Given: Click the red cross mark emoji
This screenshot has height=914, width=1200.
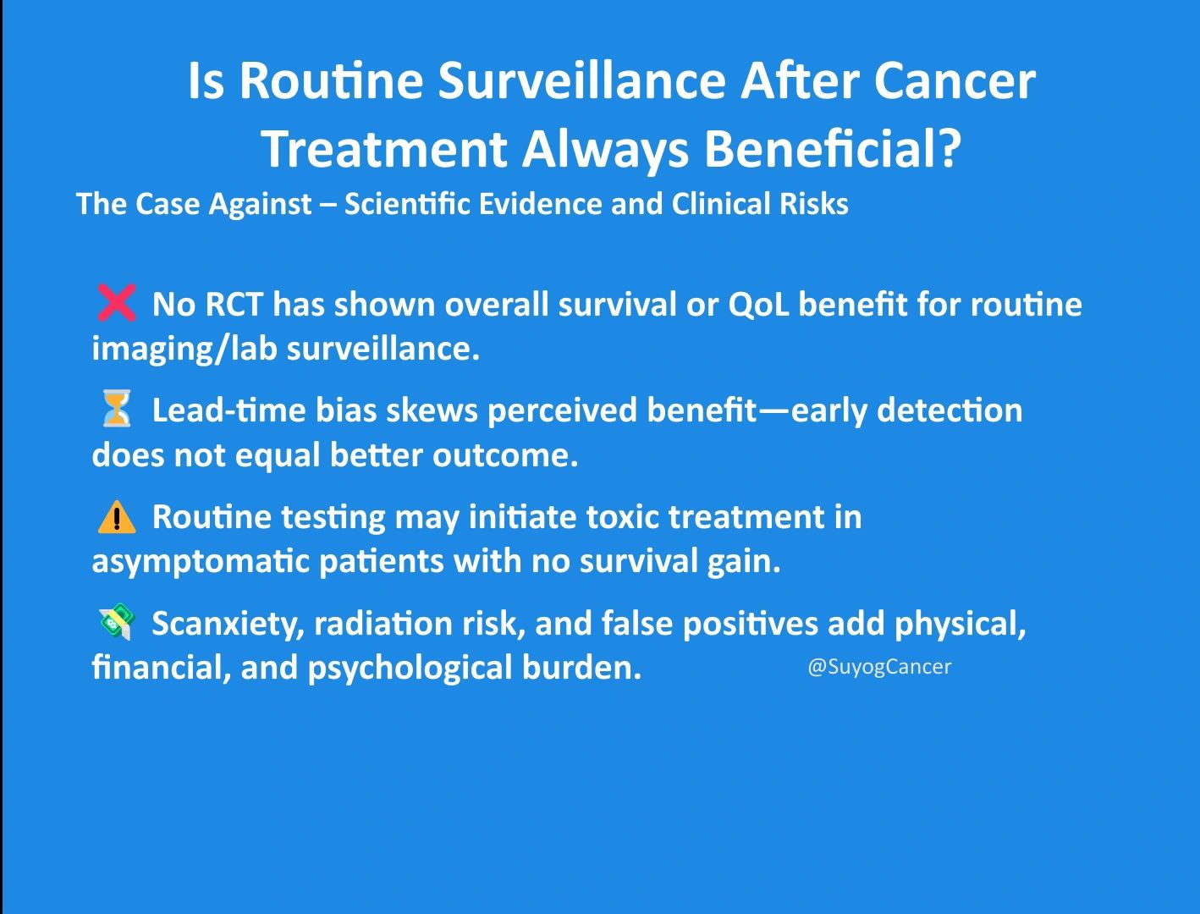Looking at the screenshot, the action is (x=117, y=302).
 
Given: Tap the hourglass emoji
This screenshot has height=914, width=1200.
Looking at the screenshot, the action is (x=117, y=408).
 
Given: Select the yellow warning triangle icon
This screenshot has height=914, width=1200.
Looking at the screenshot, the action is (x=117, y=516).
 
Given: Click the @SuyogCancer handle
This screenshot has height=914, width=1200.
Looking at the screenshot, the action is (x=879, y=667).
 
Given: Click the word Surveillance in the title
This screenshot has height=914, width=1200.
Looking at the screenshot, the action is (x=581, y=81).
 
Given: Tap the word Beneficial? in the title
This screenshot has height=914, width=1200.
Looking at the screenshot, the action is (x=832, y=149).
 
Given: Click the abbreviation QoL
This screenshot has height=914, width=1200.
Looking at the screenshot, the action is (x=758, y=304).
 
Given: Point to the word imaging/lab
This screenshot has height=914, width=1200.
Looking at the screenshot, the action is (x=184, y=350).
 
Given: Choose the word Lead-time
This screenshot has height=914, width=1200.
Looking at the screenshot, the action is (x=228, y=410).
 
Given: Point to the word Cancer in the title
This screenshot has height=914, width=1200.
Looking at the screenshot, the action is (x=954, y=81).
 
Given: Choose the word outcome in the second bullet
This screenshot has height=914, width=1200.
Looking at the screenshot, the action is (x=505, y=455).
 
